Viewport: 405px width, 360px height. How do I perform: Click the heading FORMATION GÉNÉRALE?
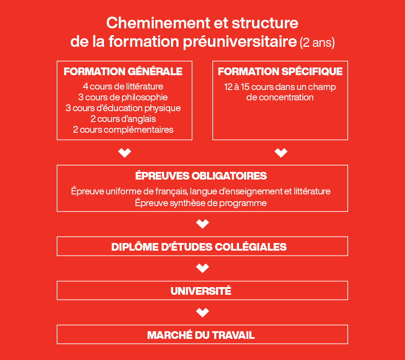[x=123, y=72]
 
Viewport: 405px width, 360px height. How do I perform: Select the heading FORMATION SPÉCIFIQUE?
[x=280, y=72]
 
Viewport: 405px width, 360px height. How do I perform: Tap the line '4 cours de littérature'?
[x=123, y=86]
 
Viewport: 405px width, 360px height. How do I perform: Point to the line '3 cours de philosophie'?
[x=123, y=97]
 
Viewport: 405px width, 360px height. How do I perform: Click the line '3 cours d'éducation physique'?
[x=123, y=108]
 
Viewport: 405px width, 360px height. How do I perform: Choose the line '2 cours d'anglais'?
[x=123, y=119]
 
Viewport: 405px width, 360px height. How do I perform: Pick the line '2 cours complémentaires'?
[x=123, y=130]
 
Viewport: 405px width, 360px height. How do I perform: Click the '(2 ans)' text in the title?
[x=317, y=43]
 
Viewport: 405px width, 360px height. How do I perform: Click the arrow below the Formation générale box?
[x=124, y=153]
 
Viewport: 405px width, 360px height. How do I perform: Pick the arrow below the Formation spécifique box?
[x=281, y=153]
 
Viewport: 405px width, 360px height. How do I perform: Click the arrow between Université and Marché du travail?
[x=202, y=312]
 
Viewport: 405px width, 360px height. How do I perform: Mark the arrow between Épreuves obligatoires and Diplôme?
[x=202, y=224]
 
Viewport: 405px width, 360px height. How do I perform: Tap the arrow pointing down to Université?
[x=202, y=268]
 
